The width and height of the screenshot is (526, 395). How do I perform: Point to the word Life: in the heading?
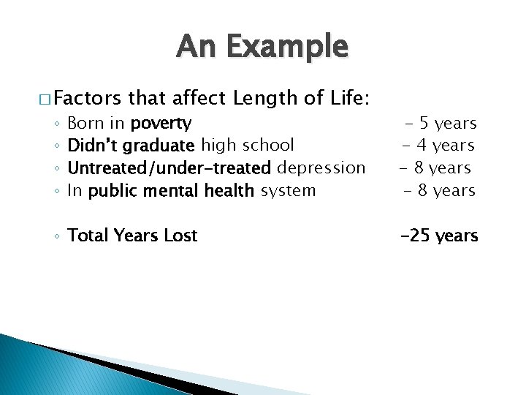tap(348, 97)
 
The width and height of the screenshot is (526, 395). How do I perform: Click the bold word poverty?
tap(161, 123)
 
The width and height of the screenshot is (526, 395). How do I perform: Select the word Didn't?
tap(93, 146)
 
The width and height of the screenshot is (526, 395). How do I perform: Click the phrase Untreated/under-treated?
tap(169, 168)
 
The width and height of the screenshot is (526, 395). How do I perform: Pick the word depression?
tap(321, 168)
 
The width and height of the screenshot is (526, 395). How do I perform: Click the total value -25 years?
tap(438, 236)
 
